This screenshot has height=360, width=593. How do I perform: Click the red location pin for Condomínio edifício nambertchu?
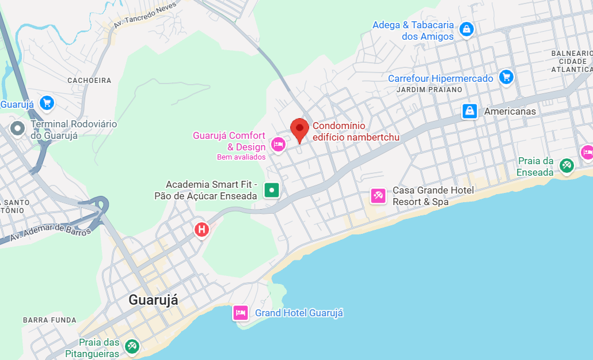tap(299, 128)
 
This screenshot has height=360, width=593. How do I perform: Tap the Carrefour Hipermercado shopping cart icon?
tap(506, 77)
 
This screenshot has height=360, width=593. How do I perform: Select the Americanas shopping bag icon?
tap(470, 111)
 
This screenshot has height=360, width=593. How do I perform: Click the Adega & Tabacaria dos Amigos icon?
tap(466, 29)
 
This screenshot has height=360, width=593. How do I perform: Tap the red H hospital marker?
tap(202, 230)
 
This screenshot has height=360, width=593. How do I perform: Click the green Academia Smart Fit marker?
tap(272, 190)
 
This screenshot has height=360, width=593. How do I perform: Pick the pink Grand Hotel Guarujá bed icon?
tap(241, 313)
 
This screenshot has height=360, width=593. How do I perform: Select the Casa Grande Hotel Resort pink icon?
tap(378, 196)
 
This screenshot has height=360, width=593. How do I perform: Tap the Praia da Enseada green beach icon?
tap(567, 166)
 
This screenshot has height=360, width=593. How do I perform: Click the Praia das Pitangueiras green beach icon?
tap(132, 346)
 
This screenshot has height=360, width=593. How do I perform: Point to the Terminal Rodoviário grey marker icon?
tap(17, 128)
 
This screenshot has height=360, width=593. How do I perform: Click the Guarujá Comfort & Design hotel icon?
tap(278, 144)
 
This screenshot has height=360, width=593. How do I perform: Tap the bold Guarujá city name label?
tap(153, 300)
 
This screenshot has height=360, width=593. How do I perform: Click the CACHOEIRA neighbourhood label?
tap(89, 81)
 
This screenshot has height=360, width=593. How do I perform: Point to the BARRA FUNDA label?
tap(50, 320)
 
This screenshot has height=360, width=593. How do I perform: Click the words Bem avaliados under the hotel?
tap(241, 157)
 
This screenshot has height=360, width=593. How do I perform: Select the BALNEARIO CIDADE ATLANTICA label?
tap(571, 61)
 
